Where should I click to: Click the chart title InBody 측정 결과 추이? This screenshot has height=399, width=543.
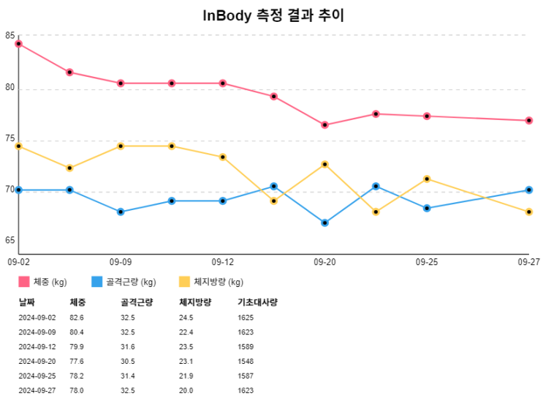(x=273, y=16)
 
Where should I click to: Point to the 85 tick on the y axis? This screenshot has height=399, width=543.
(x=10, y=35)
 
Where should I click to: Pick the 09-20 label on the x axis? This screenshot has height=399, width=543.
(x=324, y=261)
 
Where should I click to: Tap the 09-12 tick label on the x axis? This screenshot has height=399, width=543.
(x=222, y=261)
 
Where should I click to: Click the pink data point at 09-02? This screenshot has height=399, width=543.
(x=18, y=44)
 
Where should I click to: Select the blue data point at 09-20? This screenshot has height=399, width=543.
(x=324, y=223)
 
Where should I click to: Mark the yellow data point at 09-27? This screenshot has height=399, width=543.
(x=529, y=212)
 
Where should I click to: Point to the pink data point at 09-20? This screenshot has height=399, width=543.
(x=324, y=125)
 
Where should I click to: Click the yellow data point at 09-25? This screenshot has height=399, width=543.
(x=427, y=179)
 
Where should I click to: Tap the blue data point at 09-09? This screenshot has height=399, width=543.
(x=121, y=212)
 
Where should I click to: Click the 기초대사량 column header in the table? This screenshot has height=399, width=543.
(x=257, y=302)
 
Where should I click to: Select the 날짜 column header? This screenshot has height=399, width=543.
(x=26, y=302)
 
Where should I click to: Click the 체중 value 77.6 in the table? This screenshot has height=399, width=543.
(x=77, y=361)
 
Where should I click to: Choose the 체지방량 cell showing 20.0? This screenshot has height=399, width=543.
(x=186, y=390)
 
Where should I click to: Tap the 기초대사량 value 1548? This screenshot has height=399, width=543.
(x=246, y=361)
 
